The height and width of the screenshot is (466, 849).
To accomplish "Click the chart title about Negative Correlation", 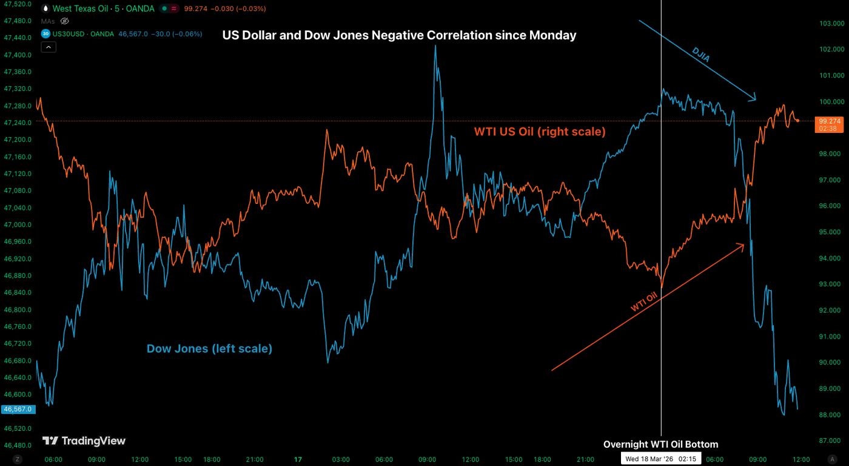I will (399, 35).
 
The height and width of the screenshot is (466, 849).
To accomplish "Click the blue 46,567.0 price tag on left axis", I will (18, 410).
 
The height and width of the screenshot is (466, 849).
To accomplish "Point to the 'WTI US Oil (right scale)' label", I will (539, 131).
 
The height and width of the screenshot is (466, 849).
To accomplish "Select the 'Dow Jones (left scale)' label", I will (209, 349).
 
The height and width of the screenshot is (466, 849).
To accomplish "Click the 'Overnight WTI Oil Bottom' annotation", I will (660, 445).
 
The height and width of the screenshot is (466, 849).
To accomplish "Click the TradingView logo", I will (84, 441).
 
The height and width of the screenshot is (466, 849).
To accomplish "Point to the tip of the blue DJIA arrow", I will (756, 99).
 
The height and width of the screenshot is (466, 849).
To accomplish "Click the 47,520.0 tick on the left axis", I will (18, 4).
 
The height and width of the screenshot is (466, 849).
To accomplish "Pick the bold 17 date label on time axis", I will (297, 459).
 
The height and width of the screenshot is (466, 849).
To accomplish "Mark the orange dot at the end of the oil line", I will (797, 121).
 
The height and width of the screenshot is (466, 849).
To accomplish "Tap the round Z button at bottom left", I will (18, 459).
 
